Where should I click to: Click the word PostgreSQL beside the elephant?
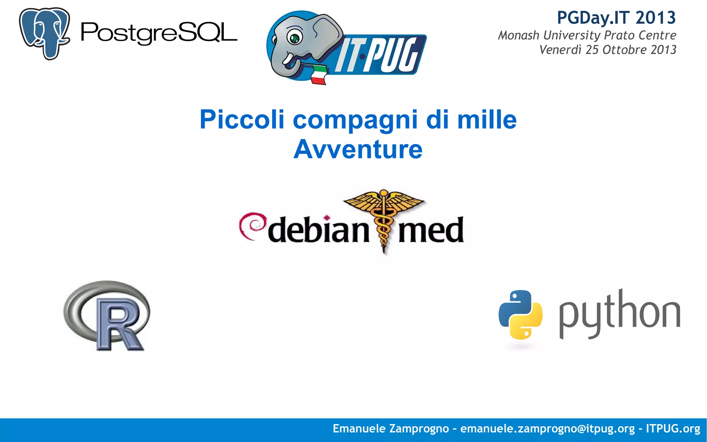point(159,33)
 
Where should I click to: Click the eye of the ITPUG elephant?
point(294,38)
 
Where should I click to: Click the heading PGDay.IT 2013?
point(616,18)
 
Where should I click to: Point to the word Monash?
point(519,35)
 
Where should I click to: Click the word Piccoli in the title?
point(242,119)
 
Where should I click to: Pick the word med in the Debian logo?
point(431,230)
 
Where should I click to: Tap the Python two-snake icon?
point(520,315)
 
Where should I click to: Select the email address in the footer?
point(548,429)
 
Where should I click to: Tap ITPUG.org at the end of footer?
point(673,429)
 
